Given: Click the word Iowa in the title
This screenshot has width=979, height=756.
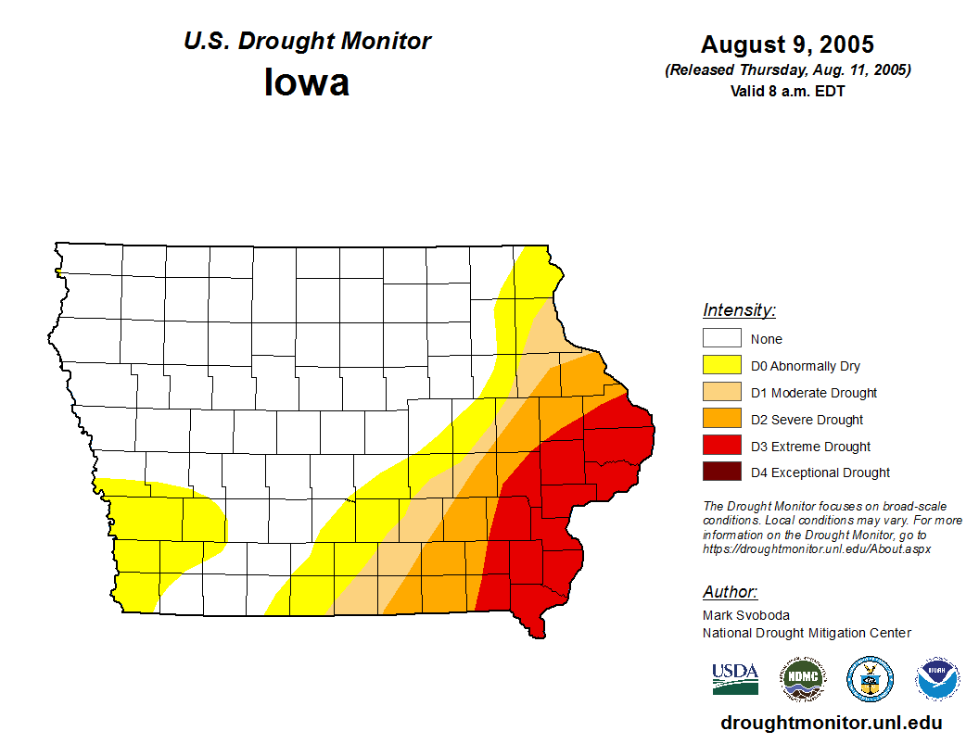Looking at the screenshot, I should tap(307, 82).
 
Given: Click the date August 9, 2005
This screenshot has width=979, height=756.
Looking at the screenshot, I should tap(787, 44).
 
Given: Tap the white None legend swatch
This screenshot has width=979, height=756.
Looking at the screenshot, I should tap(721, 339).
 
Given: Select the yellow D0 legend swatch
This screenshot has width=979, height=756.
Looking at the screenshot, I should tap(721, 366).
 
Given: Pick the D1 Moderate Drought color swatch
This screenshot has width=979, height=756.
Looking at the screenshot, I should tap(721, 393).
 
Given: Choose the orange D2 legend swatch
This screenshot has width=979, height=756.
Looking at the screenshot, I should tap(721, 420).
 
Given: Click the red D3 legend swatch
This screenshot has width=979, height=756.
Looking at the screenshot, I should tap(721, 447).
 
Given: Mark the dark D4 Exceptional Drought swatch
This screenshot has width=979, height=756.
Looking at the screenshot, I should tap(721, 472).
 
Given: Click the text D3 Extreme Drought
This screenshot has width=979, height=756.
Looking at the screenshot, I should tap(810, 447).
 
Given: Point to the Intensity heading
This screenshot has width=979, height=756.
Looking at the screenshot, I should tap(739, 310).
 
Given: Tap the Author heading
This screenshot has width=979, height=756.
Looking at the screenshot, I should tap(730, 592).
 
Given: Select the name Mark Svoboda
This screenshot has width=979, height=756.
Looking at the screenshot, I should tap(746, 615).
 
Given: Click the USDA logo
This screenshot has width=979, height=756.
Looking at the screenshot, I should tap(735, 679).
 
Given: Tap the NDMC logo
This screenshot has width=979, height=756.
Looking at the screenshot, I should tap(802, 680).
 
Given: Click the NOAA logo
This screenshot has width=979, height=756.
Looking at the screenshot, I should tap(937, 680).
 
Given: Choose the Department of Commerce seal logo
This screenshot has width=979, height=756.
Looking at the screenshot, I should tap(871, 680).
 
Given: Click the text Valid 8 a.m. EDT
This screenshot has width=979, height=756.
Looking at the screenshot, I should tap(787, 91).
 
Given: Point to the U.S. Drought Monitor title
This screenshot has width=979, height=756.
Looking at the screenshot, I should tap(307, 42).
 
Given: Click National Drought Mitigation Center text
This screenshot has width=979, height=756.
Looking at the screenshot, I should tap(807, 633).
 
